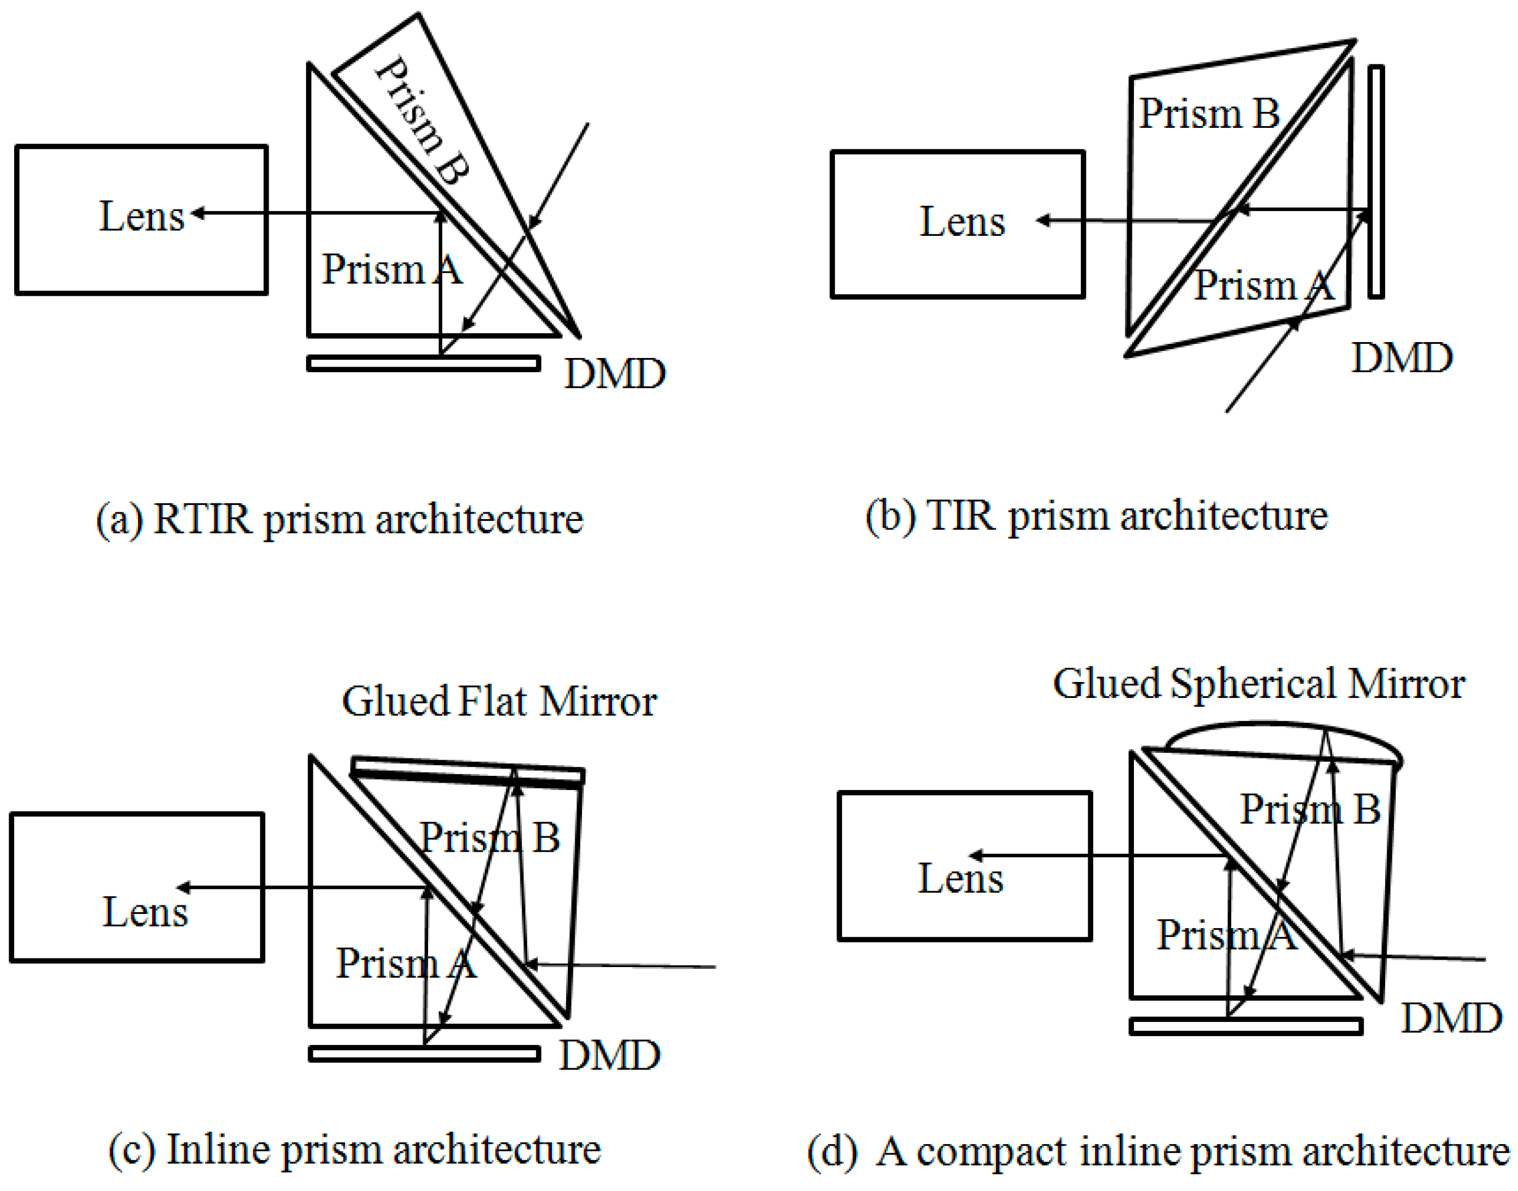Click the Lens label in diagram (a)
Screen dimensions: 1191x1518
(x=141, y=216)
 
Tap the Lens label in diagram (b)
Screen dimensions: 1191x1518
(x=961, y=222)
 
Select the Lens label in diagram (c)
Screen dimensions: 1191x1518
(x=145, y=912)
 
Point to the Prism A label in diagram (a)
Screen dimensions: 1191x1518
(x=391, y=269)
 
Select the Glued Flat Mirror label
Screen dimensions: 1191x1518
(x=499, y=701)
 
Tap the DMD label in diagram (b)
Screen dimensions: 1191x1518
(x=1401, y=359)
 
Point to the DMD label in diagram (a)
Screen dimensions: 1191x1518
(x=614, y=374)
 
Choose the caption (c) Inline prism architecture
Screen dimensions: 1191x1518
(x=354, y=1149)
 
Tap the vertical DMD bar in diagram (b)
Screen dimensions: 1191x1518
(x=1375, y=182)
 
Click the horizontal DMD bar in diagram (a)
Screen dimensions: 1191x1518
(x=423, y=363)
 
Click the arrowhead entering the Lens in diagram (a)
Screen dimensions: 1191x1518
(x=197, y=213)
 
